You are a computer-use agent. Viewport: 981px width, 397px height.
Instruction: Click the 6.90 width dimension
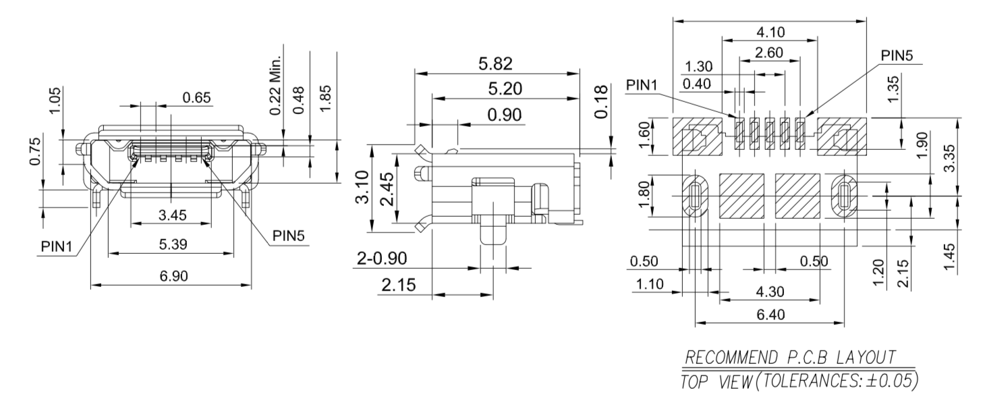(174, 276)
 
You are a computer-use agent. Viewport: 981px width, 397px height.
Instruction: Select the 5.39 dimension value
(173, 244)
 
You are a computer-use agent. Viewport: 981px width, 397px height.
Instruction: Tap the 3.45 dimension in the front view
(173, 215)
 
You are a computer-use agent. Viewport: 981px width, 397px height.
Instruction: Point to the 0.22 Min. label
(275, 86)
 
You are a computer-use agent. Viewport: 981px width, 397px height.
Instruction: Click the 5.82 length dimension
(495, 64)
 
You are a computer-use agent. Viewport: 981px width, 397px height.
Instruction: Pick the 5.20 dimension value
(505, 89)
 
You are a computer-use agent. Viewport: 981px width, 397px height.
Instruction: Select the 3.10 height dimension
(362, 187)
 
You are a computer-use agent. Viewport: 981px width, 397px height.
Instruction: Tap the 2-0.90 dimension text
(382, 259)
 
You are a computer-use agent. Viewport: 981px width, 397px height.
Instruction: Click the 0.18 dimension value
(601, 102)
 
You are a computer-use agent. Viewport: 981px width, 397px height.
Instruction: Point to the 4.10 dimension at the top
(770, 32)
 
